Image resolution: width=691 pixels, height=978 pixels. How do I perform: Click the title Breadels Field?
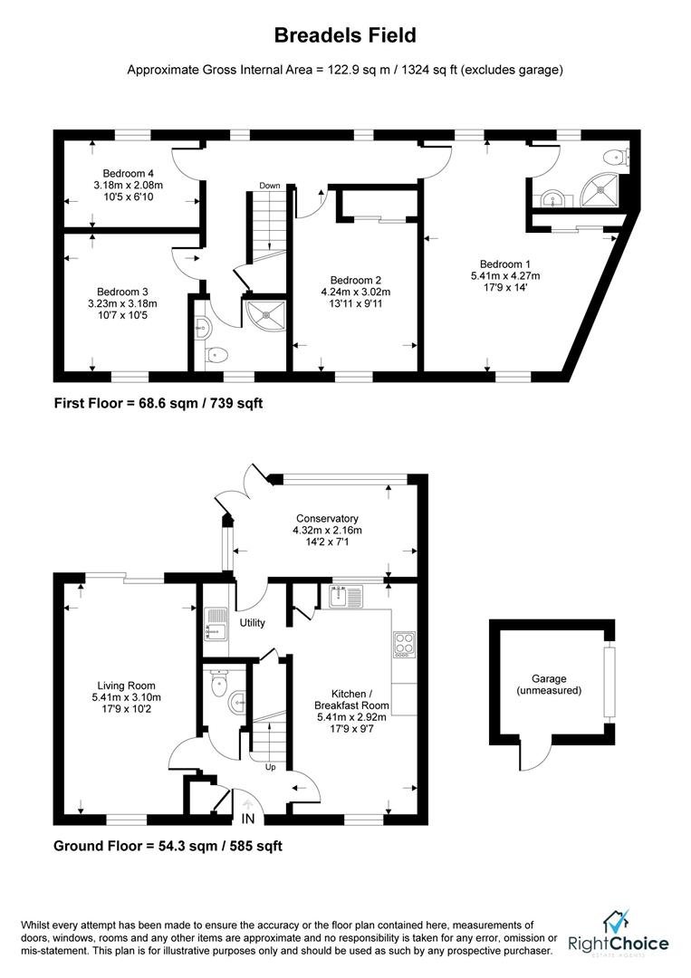click(345, 35)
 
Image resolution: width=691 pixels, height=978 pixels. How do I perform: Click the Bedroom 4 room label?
click(129, 173)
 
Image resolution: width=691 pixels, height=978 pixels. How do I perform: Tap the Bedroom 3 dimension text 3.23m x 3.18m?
click(122, 303)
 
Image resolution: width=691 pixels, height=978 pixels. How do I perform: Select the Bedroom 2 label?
click(356, 281)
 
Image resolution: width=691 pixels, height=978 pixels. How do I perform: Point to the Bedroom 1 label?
click(505, 264)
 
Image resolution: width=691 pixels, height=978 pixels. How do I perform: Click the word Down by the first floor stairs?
click(270, 186)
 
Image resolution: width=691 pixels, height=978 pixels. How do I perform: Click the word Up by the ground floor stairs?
click(271, 767)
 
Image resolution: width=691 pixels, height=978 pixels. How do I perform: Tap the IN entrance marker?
click(248, 818)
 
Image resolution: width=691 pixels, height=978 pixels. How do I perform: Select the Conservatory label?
click(328, 518)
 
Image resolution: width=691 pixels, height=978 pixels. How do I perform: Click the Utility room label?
click(253, 622)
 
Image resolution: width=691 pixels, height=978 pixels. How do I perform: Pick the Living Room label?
click(126, 686)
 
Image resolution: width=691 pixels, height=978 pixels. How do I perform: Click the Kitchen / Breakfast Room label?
click(351, 699)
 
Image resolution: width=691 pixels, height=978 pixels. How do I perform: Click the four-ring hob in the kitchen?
click(404, 645)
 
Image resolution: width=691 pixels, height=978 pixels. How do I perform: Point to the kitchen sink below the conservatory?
click(346, 595)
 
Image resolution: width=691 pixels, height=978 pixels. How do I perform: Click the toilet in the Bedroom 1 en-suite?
click(618, 156)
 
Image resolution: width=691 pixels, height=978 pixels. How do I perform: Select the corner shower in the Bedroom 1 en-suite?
click(602, 188)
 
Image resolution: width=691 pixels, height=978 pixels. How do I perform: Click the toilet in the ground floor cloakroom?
click(219, 684)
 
